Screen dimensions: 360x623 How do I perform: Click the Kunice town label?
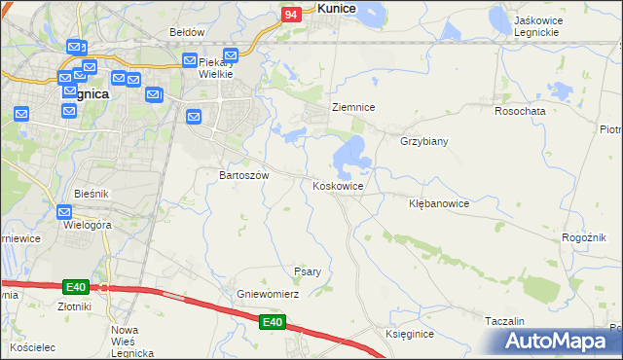[x=336, y=8]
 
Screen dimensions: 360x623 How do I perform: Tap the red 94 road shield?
[x=291, y=15]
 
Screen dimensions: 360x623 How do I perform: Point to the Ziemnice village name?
[x=353, y=107]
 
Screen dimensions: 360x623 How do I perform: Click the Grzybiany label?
[x=423, y=141]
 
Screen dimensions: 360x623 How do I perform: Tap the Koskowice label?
[x=338, y=186]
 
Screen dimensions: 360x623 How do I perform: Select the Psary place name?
[x=308, y=271]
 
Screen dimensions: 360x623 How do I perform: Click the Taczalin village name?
[x=505, y=321]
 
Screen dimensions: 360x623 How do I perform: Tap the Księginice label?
[x=409, y=334]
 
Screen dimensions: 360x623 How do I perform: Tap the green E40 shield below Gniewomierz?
[x=273, y=322]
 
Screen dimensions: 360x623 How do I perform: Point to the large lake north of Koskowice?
[x=350, y=153]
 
